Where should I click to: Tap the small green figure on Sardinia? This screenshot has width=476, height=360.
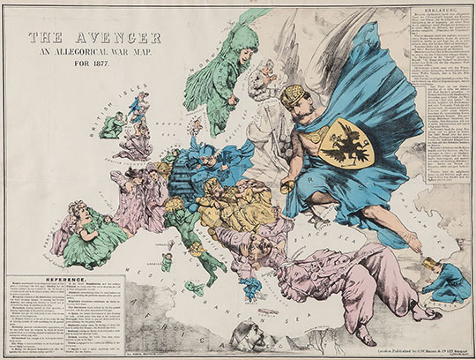coord(166,261)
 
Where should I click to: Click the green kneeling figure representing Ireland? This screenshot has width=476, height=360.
coord(110,126)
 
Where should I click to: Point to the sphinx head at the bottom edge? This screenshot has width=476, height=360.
coord(243,335)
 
